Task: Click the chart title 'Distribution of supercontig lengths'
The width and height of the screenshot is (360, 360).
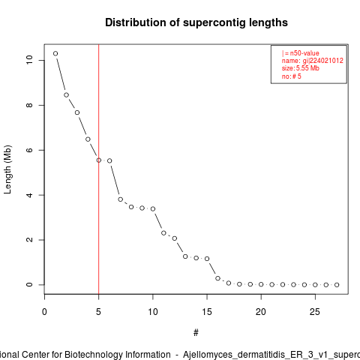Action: click(196, 22)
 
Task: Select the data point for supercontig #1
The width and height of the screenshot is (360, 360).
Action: click(55, 53)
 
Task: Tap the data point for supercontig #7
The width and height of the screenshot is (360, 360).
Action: click(121, 199)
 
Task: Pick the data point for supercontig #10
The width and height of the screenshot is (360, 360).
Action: click(153, 208)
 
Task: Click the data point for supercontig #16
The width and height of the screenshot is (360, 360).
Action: click(217, 278)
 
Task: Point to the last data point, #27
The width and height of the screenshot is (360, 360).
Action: click(337, 285)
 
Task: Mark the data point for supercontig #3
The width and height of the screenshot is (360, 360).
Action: click(77, 112)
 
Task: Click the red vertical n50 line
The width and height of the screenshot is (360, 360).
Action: click(99, 169)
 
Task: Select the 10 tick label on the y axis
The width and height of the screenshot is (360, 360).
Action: click(29, 60)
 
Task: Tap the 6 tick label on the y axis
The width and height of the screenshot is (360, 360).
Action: click(29, 150)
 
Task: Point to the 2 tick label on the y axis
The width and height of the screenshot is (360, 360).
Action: click(29, 240)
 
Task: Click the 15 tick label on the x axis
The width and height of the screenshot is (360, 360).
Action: click(207, 312)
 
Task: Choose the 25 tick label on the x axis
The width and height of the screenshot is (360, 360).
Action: click(315, 312)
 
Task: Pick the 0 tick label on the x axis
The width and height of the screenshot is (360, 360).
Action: click(44, 312)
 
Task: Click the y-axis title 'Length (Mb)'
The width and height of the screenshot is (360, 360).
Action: click(7, 169)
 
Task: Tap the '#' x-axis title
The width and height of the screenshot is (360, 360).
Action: click(196, 333)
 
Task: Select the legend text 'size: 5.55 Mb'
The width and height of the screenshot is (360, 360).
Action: click(301, 68)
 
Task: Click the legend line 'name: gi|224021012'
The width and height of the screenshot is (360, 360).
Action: click(313, 61)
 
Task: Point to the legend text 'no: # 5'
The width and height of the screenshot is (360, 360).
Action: click(292, 76)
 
